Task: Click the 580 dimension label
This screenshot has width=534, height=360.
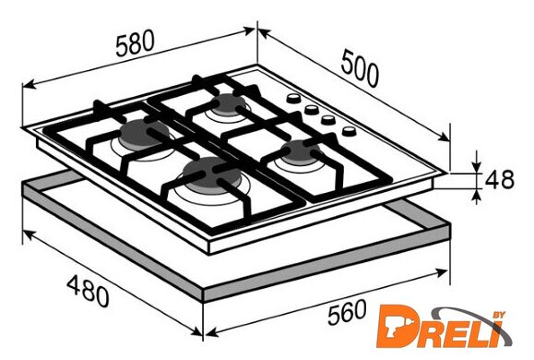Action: coord(135,43)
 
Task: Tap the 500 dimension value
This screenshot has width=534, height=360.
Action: coord(360,68)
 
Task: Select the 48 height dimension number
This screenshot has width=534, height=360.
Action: coord(499,179)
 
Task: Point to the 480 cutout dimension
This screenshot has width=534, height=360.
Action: coord(88,292)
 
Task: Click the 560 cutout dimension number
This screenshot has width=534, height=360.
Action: coord(347,312)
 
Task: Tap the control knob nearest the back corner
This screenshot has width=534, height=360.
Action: coord(293,99)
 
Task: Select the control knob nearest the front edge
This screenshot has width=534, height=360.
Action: coord(349,131)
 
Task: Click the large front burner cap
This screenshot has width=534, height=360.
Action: coord(211,174)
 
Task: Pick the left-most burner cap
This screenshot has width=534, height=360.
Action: coord(143,135)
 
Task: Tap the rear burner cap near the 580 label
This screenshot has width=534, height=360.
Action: coord(229,103)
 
